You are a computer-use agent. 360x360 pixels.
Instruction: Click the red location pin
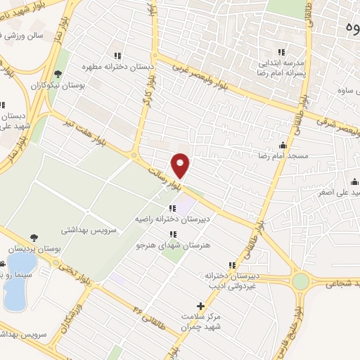pyautogui.click(x=181, y=165)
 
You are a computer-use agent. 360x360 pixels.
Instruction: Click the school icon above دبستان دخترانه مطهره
pyautogui.click(x=118, y=56)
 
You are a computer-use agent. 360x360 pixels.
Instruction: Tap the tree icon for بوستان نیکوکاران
pyautogui.click(x=58, y=73)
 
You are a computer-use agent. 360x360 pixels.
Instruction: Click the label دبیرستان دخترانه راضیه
pyautogui.click(x=172, y=219)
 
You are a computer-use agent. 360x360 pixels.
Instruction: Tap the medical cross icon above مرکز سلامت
pyautogui.click(x=201, y=307)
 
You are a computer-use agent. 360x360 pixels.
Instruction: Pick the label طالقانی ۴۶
pyautogui.click(x=150, y=304)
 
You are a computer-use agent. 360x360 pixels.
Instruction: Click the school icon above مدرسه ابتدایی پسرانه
pyautogui.click(x=281, y=51)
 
